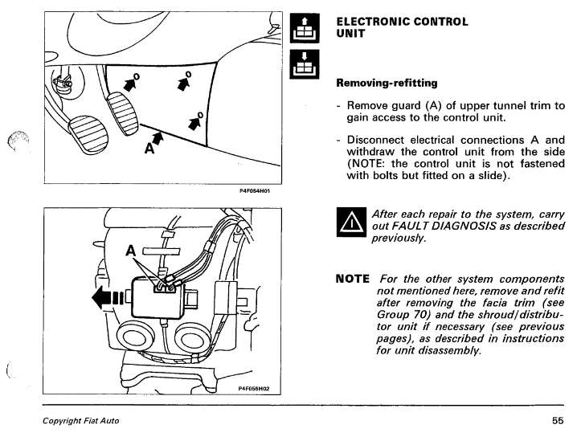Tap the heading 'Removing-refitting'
[x=387, y=82]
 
